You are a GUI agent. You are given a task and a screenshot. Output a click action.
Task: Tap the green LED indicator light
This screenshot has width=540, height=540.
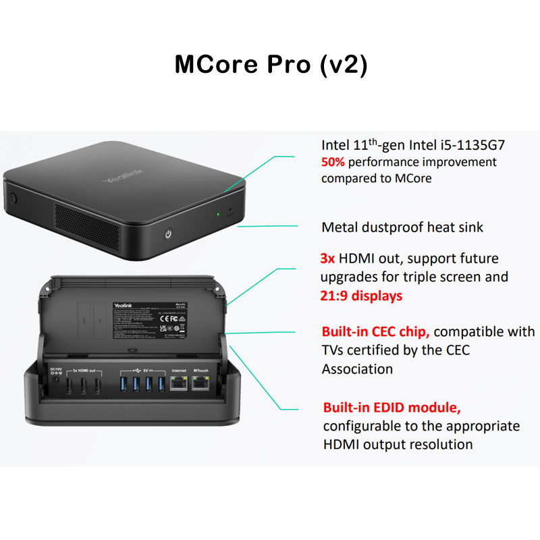218,215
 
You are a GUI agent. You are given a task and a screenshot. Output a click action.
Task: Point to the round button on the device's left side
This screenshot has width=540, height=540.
12,199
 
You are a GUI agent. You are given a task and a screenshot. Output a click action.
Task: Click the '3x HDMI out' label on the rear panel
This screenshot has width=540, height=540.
87,371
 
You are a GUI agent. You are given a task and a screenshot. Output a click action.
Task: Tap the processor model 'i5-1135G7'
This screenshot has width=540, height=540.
466,145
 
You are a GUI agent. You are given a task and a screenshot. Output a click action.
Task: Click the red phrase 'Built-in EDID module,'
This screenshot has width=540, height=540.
392,407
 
